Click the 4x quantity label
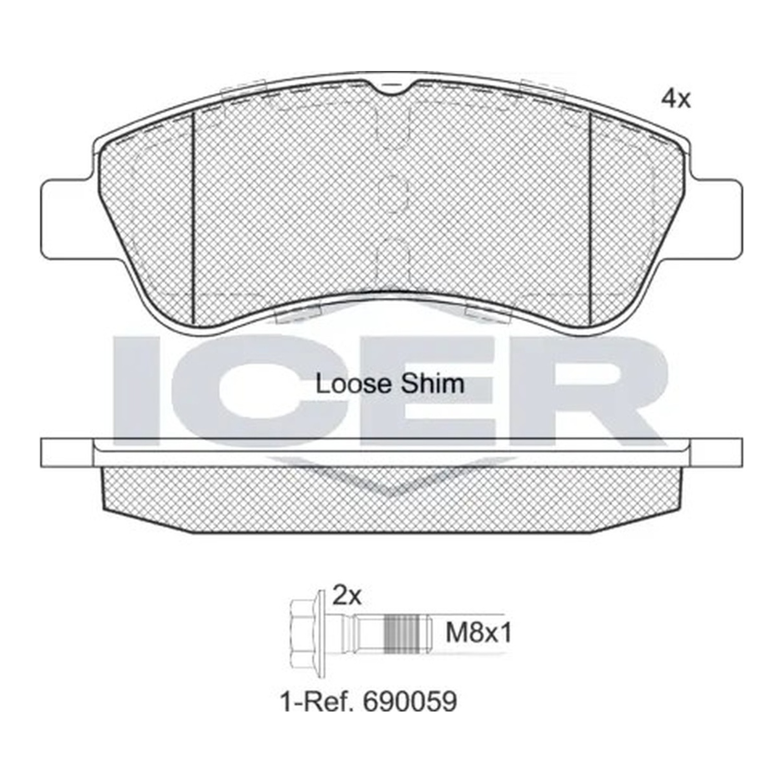point(675,99)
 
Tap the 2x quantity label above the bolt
point(347,596)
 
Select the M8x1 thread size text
point(479,634)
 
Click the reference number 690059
point(410,702)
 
